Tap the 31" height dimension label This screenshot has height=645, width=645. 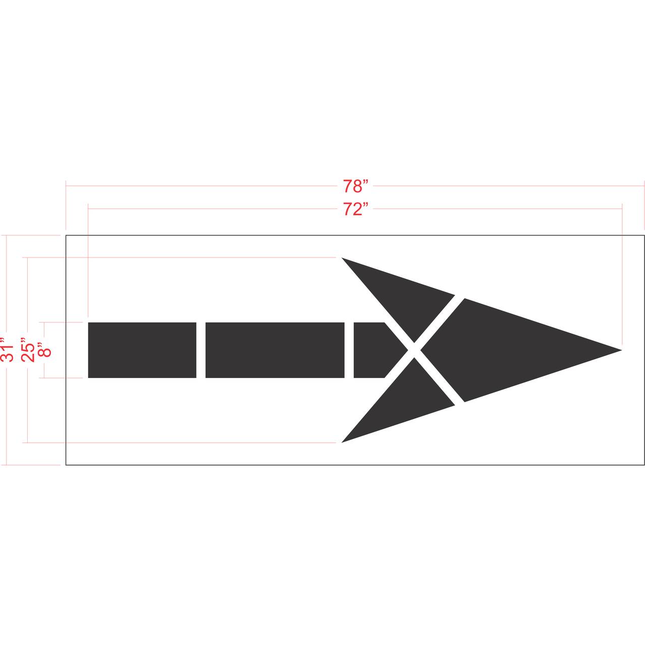[8, 350]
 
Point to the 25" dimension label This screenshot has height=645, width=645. [28, 350]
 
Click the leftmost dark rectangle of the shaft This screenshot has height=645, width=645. [142, 350]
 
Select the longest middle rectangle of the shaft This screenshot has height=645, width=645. [275, 350]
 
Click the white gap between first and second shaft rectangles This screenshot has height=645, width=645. [201, 350]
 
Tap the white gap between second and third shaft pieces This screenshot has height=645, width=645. [349, 350]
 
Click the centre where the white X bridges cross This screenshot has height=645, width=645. [414, 350]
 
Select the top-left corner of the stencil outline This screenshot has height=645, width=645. [66, 235]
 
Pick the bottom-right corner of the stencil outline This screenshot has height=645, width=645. [644, 465]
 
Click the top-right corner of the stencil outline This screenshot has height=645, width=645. [644, 235]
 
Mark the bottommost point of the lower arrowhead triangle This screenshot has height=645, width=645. [343, 442]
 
